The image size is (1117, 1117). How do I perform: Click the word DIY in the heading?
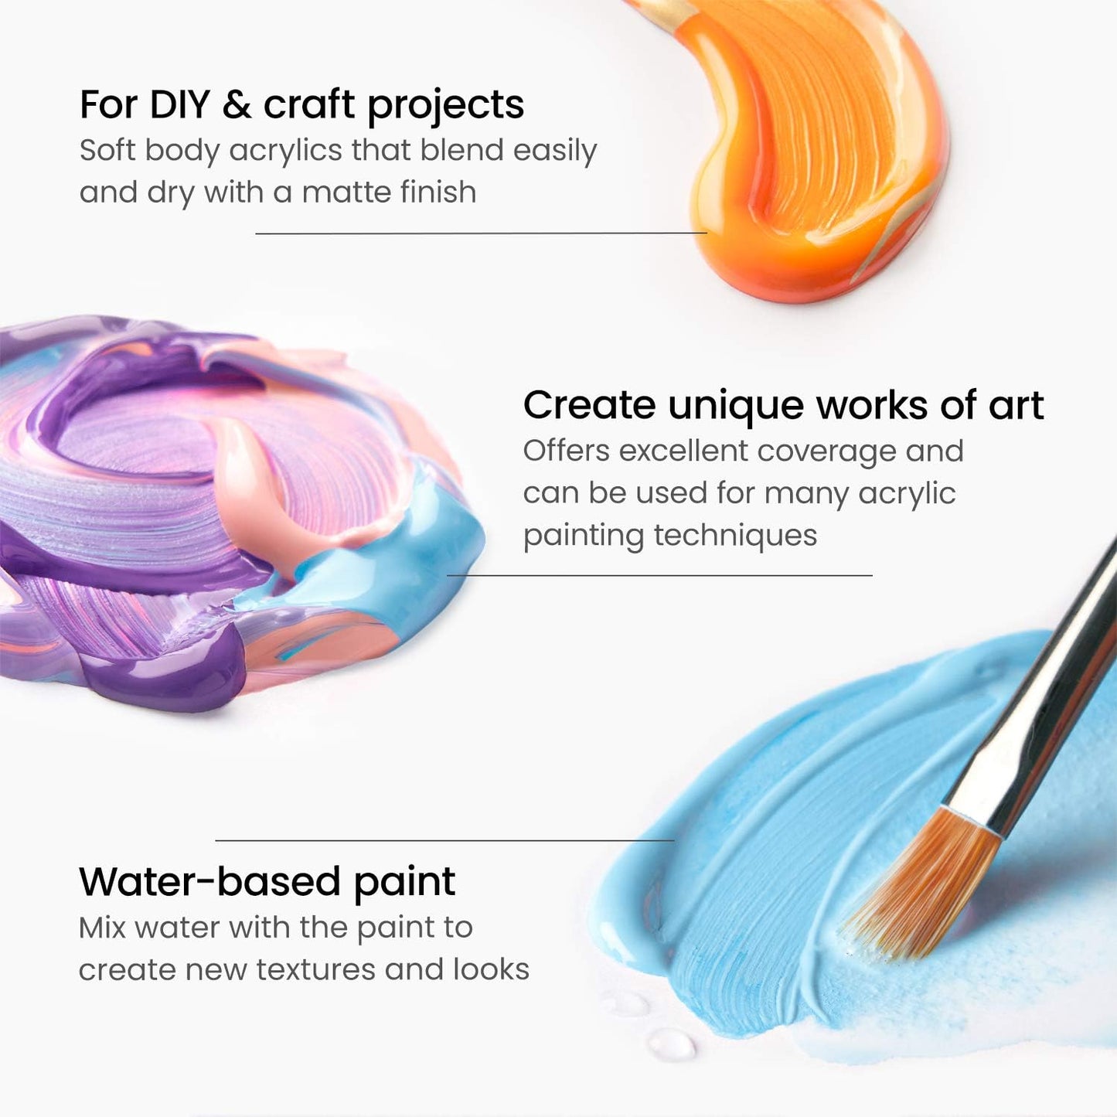tap(179, 104)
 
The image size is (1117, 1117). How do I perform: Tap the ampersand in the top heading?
tap(237, 104)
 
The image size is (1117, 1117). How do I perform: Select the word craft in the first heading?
tap(309, 104)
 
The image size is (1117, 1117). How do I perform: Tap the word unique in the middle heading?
tap(735, 405)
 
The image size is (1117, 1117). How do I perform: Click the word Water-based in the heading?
tap(209, 881)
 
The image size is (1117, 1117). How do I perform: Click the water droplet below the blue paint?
tap(671, 1044)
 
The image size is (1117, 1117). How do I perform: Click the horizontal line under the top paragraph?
tap(481, 233)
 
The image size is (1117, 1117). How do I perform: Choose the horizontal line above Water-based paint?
tap(444, 840)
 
